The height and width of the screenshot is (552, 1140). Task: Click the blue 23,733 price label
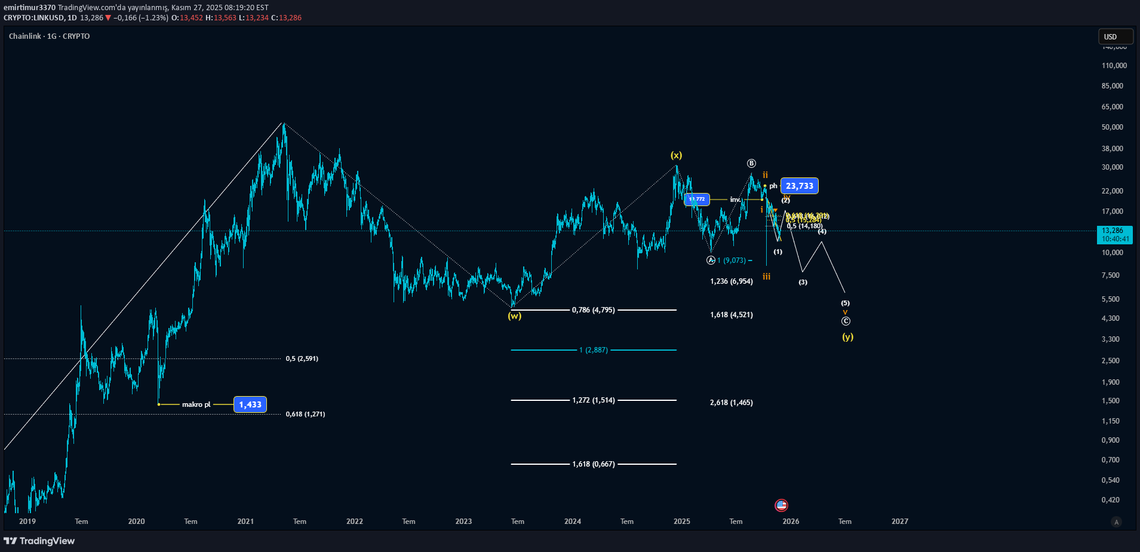799,186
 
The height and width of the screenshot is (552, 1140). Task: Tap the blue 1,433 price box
250,404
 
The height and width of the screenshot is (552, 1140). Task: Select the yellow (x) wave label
676,155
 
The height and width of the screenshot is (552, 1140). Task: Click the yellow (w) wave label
514,316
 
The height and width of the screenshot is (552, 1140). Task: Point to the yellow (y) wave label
847,337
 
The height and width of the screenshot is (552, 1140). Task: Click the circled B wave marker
751,164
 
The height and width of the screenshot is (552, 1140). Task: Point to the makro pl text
196,404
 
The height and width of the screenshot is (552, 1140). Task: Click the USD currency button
1115,36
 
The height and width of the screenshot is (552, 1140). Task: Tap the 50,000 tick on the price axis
1112,127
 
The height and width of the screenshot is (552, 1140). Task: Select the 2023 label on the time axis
463,522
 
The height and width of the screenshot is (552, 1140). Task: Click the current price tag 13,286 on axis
1114,231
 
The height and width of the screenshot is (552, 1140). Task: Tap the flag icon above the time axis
781,505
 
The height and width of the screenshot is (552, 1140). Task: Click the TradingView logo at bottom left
39,541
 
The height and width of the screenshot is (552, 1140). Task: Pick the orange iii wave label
766,277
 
